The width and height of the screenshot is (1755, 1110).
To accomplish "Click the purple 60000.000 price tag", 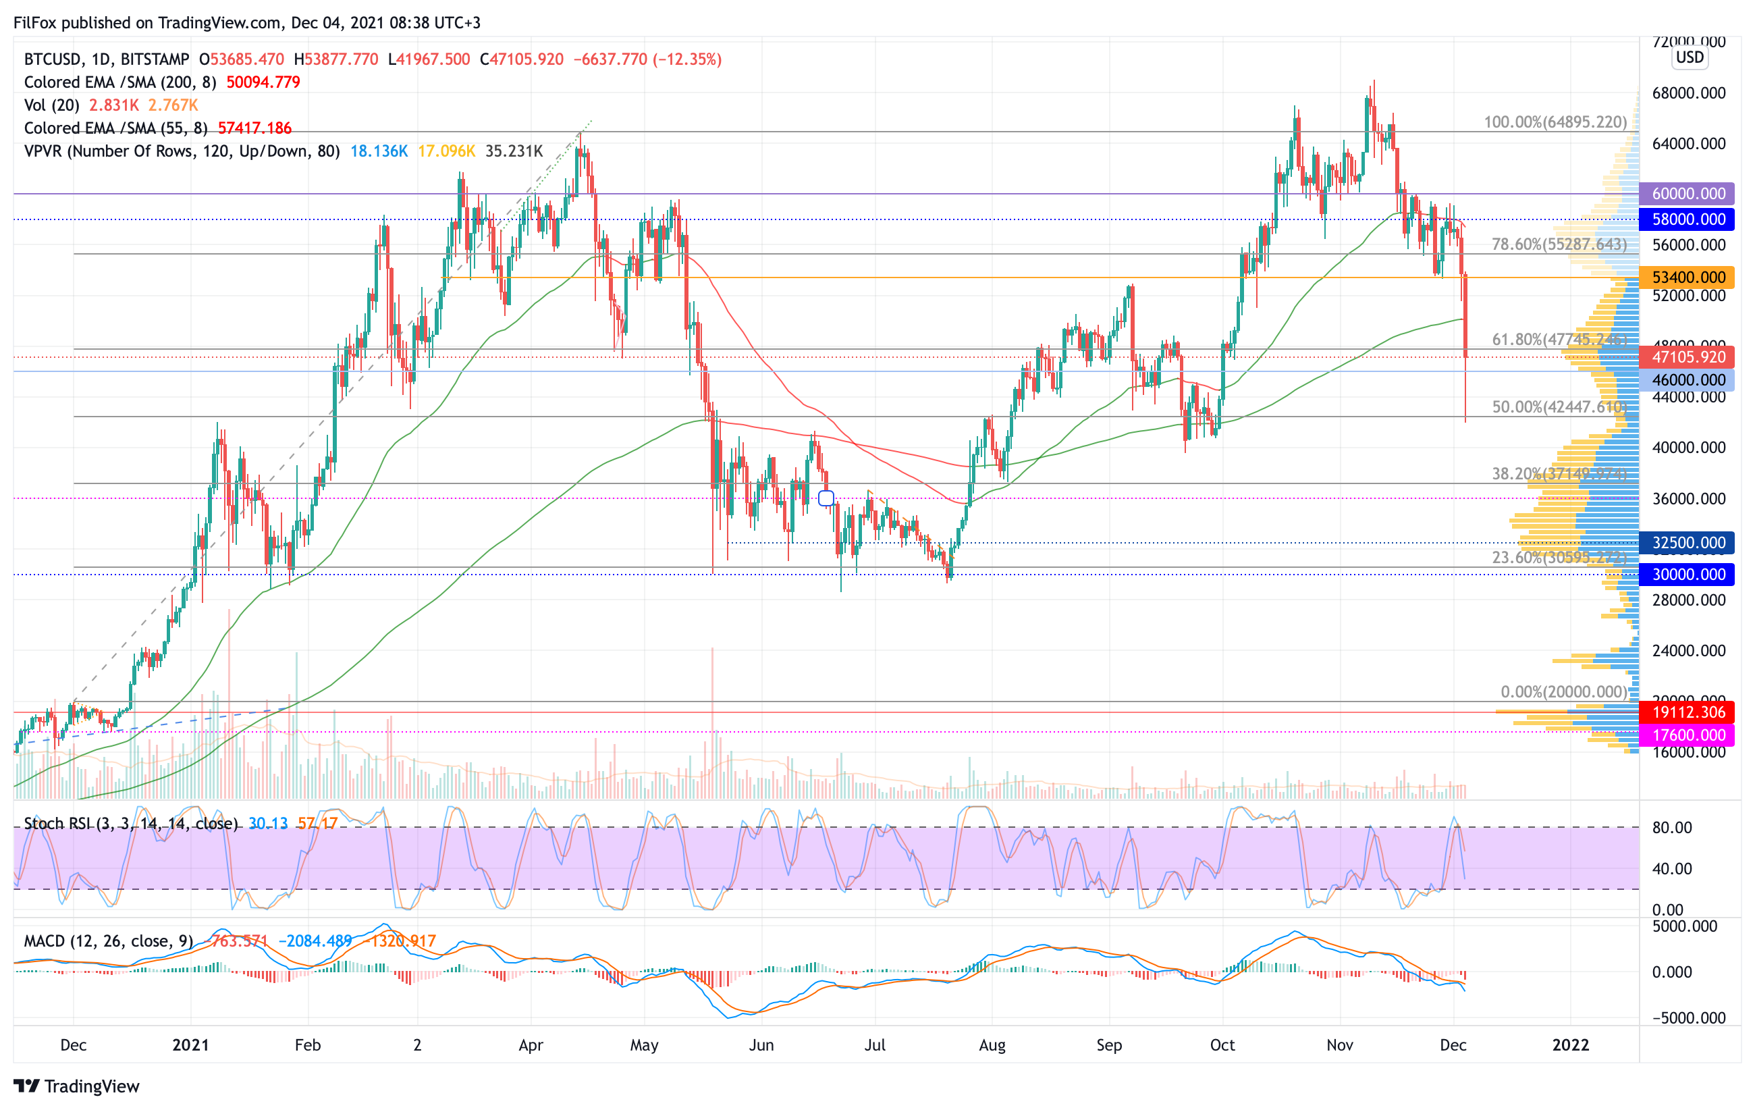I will pos(1687,194).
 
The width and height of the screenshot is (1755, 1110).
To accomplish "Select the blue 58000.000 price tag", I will pos(1687,219).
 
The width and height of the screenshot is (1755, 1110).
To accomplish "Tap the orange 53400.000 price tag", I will pos(1687,277).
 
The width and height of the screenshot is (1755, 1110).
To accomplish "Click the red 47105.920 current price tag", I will pos(1687,357).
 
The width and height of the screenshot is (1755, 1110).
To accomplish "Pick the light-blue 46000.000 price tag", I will pos(1687,379).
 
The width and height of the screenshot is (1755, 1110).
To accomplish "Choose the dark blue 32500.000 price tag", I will pos(1687,543).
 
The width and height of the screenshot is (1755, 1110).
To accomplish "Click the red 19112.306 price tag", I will pos(1687,712).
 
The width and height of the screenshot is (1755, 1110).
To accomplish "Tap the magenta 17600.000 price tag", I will pos(1687,735).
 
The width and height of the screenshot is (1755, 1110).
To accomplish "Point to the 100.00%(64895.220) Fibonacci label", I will pos(1555,122).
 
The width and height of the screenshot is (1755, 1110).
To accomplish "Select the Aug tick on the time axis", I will pos(992,1045).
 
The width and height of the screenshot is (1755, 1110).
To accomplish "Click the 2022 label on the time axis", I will pos(1570,1045).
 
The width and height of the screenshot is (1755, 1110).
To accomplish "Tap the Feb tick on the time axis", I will pos(308,1045).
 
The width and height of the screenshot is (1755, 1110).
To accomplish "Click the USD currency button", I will pos(1690,57).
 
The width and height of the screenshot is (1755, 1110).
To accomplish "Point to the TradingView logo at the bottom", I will pos(76,1086).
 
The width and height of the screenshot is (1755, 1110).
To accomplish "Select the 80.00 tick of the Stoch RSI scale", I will pos(1672,828).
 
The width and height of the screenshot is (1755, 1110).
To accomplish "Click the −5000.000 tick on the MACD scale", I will pos(1687,1018).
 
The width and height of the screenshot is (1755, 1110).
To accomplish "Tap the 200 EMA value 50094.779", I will pos(263,82).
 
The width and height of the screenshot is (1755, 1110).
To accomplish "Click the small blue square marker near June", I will pos(826,498).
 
